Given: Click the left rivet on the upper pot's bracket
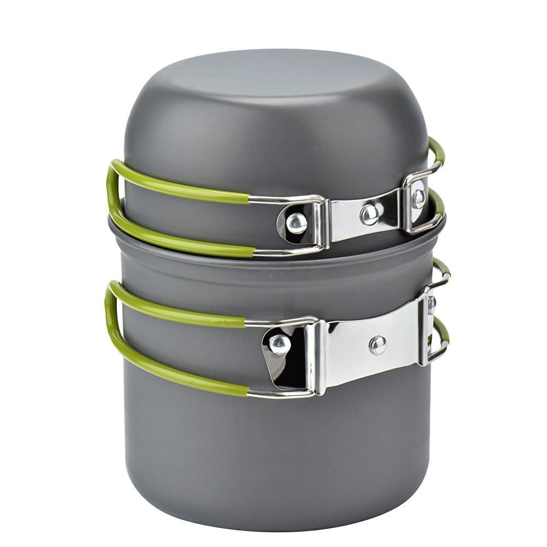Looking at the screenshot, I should tap(296, 222).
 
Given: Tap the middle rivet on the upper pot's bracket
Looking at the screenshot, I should tap(370, 214).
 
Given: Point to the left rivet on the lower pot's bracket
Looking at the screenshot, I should tap(279, 344).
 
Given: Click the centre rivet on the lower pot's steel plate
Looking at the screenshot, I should tap(377, 344).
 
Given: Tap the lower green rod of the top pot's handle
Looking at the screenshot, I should tap(186, 243).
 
